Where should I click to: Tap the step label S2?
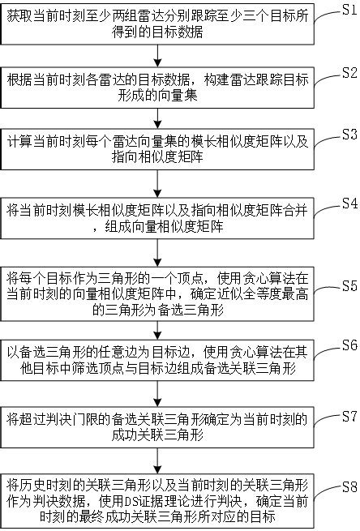pos(347,72)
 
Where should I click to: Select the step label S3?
pos(347,134)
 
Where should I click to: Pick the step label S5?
pos(347,286)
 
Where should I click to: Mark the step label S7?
pos(347,416)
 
